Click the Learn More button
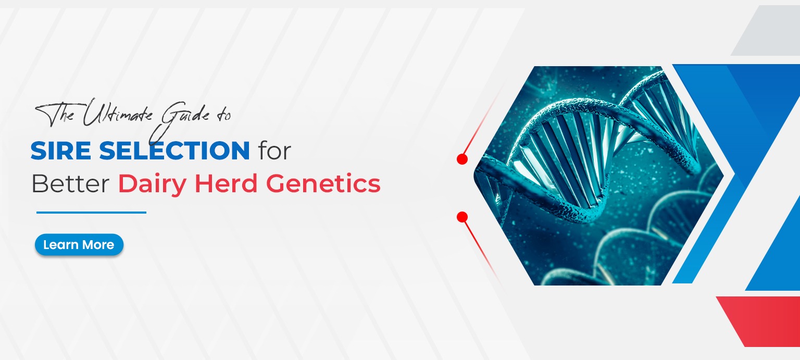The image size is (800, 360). pyautogui.click(x=79, y=245)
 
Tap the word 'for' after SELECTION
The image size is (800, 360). pyautogui.click(x=274, y=151)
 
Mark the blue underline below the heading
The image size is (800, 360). pyautogui.click(x=91, y=213)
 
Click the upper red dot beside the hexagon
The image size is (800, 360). pyautogui.click(x=462, y=159)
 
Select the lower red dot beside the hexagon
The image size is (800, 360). pyautogui.click(x=462, y=217)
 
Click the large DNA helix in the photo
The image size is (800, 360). pyautogui.click(x=583, y=151)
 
